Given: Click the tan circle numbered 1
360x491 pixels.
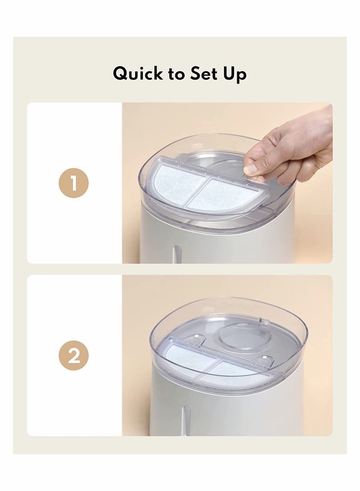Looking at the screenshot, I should click(x=73, y=183).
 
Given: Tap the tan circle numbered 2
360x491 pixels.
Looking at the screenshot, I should click(x=73, y=356).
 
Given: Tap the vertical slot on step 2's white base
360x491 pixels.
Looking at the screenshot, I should click(x=186, y=421).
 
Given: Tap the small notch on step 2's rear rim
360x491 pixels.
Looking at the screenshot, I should click(x=265, y=321).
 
